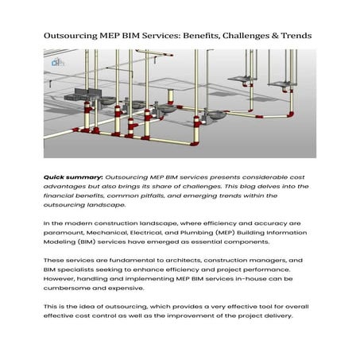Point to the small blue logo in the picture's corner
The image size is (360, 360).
pyautogui.click(x=56, y=62)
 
